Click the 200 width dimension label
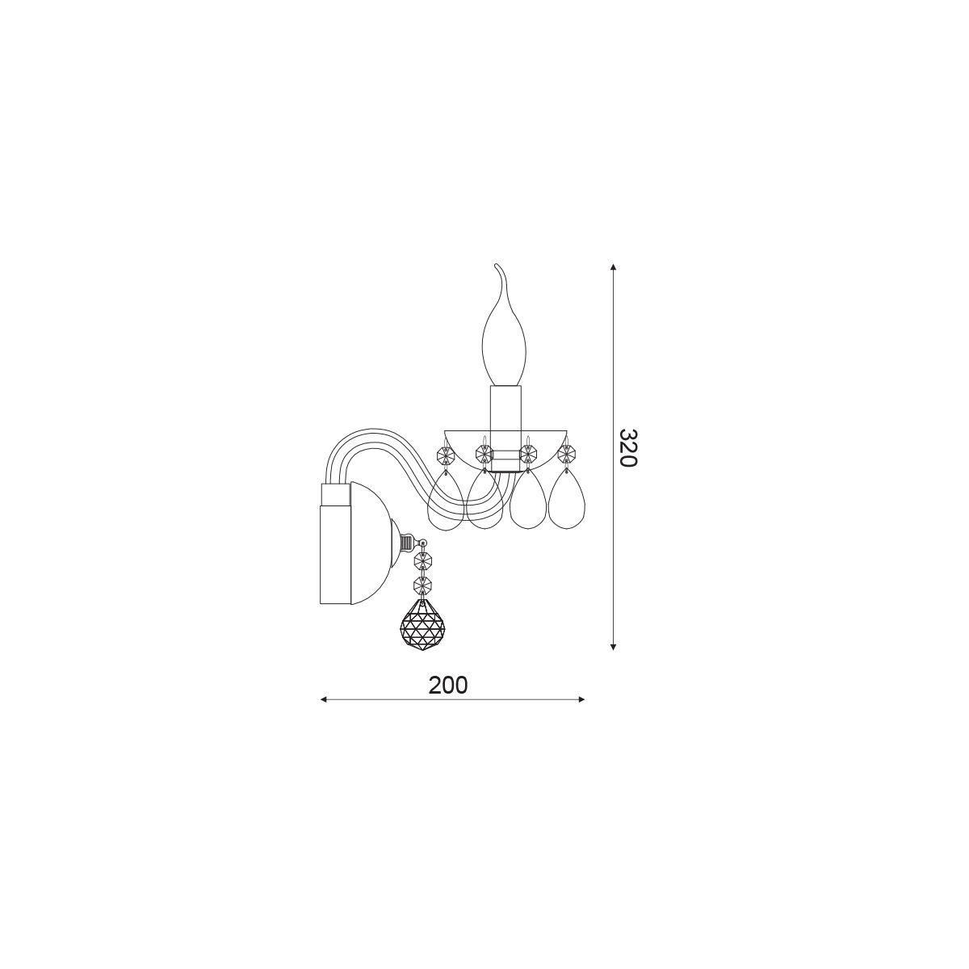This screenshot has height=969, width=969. [x=447, y=685]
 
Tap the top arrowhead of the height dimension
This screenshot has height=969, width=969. [x=613, y=266]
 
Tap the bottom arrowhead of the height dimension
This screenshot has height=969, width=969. [x=613, y=647]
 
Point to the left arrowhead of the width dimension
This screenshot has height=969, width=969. [x=324, y=699]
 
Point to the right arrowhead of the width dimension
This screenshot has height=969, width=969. [x=581, y=699]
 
